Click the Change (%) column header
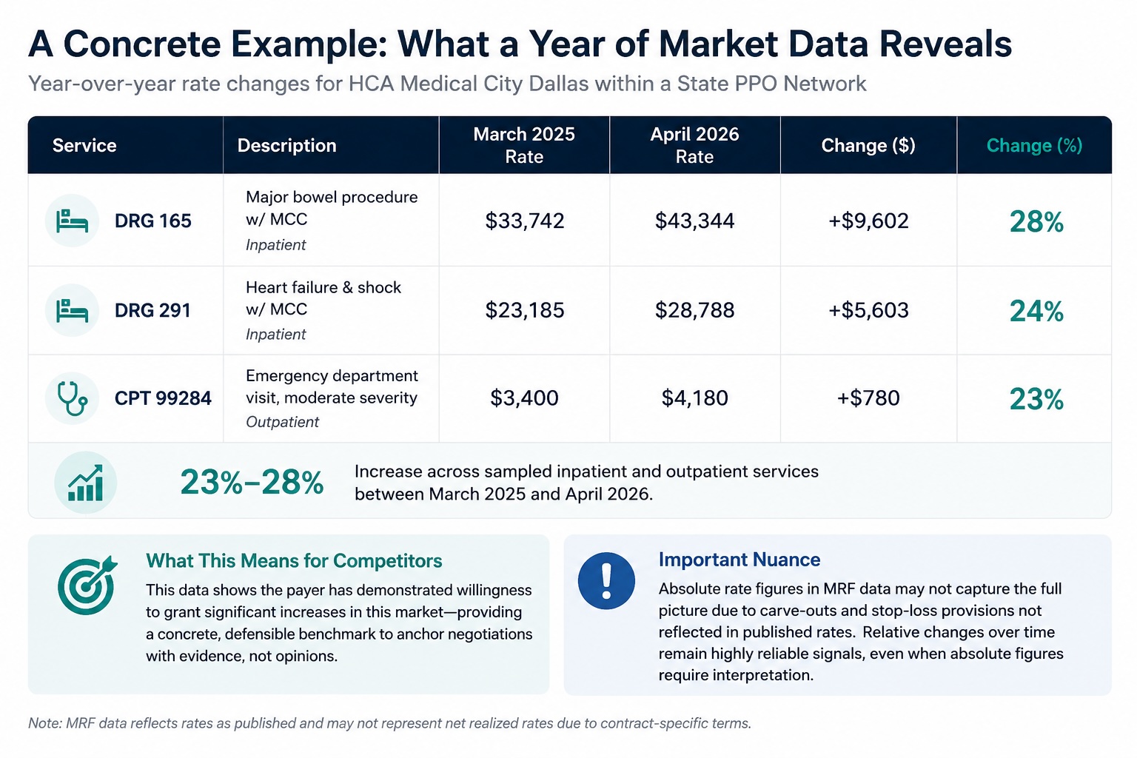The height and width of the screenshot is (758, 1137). coord(1034,146)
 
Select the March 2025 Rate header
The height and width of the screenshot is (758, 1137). coord(524,145)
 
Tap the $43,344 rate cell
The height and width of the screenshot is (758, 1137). coord(694,221)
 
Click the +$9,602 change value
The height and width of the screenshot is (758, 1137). coord(868,221)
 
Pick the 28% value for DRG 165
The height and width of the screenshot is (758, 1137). coord(1036,222)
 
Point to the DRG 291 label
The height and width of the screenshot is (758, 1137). coord(152,310)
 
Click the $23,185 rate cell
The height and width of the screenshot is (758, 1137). coord(524,310)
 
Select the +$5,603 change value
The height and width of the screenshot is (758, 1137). coord(868,310)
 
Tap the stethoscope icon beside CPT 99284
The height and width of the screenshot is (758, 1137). coord(72,398)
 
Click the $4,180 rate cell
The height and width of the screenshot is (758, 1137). coord(694,398)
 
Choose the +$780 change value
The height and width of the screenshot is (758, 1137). coord(868,398)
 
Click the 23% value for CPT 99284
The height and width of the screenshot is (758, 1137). coord(1036,400)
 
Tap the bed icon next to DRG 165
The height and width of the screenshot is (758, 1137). coord(72,221)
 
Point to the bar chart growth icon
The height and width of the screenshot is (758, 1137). coord(86,483)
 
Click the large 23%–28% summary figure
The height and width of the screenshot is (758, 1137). coord(252,483)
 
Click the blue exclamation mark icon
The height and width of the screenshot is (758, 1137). coord(606,581)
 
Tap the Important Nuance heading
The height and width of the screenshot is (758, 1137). coord(739,560)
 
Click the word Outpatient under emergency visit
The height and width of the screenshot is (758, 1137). coord(282,422)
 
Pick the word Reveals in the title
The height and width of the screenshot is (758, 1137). coord(945,44)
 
